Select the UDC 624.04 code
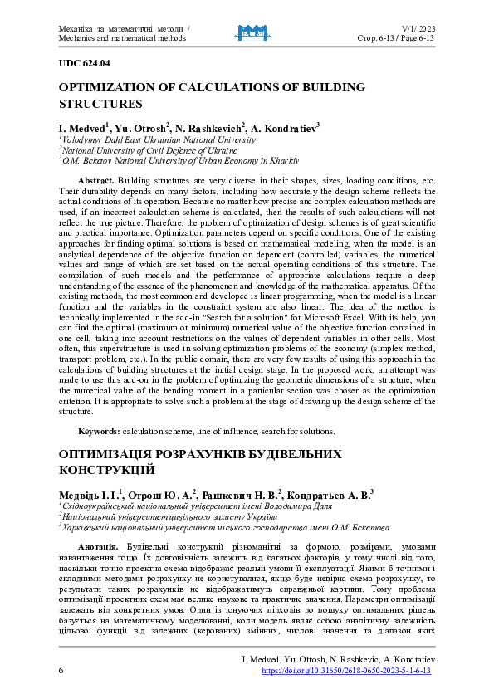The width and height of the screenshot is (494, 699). (84, 63)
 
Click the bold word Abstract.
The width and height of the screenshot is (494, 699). (95, 180)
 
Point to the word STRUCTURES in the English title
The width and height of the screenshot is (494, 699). (100, 105)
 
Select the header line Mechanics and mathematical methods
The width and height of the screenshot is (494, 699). (122, 37)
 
